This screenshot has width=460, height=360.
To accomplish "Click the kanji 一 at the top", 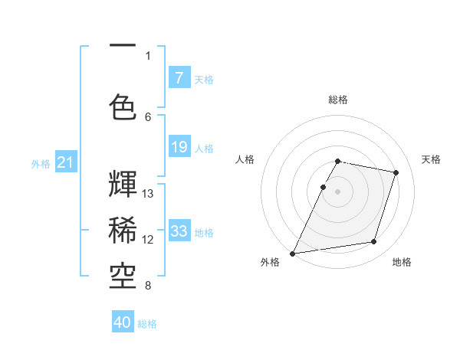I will [x=123, y=46].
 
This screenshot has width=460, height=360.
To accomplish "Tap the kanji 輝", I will [x=123, y=185].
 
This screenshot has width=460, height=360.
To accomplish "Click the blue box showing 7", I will [x=179, y=78].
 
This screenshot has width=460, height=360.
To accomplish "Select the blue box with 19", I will [x=179, y=147].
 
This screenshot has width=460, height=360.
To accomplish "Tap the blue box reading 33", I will [x=179, y=231].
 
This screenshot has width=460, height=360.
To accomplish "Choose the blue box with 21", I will [x=65, y=162].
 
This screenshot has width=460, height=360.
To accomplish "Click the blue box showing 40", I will [x=123, y=322].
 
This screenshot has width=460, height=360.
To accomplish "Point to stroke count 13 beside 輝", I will [x=148, y=193].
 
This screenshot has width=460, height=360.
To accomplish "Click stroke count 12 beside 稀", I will [x=148, y=240].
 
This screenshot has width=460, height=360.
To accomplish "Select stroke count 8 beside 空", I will [x=148, y=286].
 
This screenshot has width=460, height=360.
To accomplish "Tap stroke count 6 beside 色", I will [x=148, y=116].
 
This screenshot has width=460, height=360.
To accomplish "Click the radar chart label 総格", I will [x=338, y=100].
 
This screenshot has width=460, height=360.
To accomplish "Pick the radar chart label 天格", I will [x=431, y=159].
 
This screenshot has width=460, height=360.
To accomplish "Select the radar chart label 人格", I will [x=245, y=159].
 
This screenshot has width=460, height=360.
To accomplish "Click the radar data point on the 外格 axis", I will [x=293, y=253].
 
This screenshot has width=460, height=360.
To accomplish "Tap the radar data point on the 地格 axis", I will [x=374, y=242].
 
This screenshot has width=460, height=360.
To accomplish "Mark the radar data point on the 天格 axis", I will [x=396, y=172].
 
